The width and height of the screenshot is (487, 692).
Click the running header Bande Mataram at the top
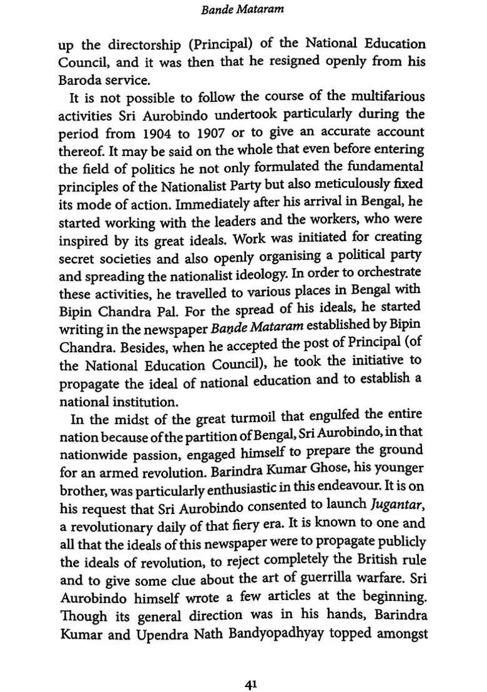tap(243, 10)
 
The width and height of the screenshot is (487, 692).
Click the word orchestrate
tap(391, 274)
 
